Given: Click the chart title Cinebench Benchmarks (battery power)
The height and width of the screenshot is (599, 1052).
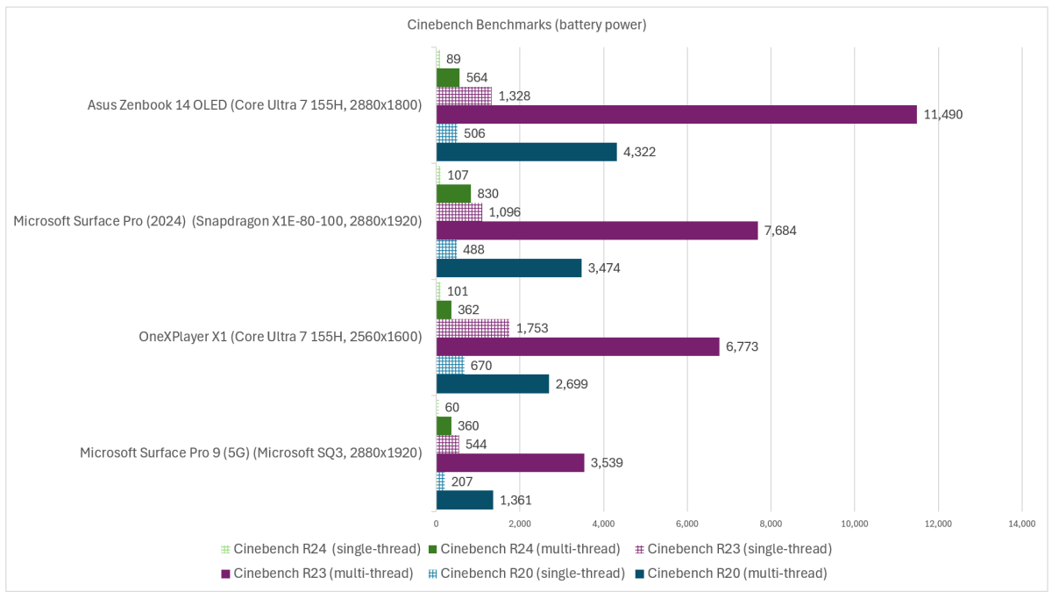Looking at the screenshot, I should click(x=526, y=25).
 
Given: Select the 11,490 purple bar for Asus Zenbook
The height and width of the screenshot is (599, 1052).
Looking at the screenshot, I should click(x=676, y=114).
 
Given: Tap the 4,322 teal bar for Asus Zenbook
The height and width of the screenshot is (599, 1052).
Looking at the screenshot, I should click(x=526, y=152).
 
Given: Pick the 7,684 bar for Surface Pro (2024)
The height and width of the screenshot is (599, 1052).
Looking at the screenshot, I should click(x=596, y=230).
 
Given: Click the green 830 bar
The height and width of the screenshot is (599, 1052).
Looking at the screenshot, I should click(x=453, y=193).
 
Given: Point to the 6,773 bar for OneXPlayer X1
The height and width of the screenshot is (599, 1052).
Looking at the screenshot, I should click(x=577, y=346).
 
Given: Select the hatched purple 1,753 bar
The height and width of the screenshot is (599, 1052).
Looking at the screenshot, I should click(x=473, y=328).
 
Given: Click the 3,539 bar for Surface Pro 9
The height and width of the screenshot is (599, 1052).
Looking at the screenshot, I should click(x=509, y=462).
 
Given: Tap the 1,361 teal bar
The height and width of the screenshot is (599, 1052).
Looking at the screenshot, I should click(x=465, y=500).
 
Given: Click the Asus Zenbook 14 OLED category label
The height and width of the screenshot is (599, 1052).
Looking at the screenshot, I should click(x=255, y=105).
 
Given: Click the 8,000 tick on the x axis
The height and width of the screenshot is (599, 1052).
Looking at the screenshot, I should click(x=771, y=524).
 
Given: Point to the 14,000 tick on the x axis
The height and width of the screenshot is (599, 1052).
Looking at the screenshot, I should click(x=1021, y=524).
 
